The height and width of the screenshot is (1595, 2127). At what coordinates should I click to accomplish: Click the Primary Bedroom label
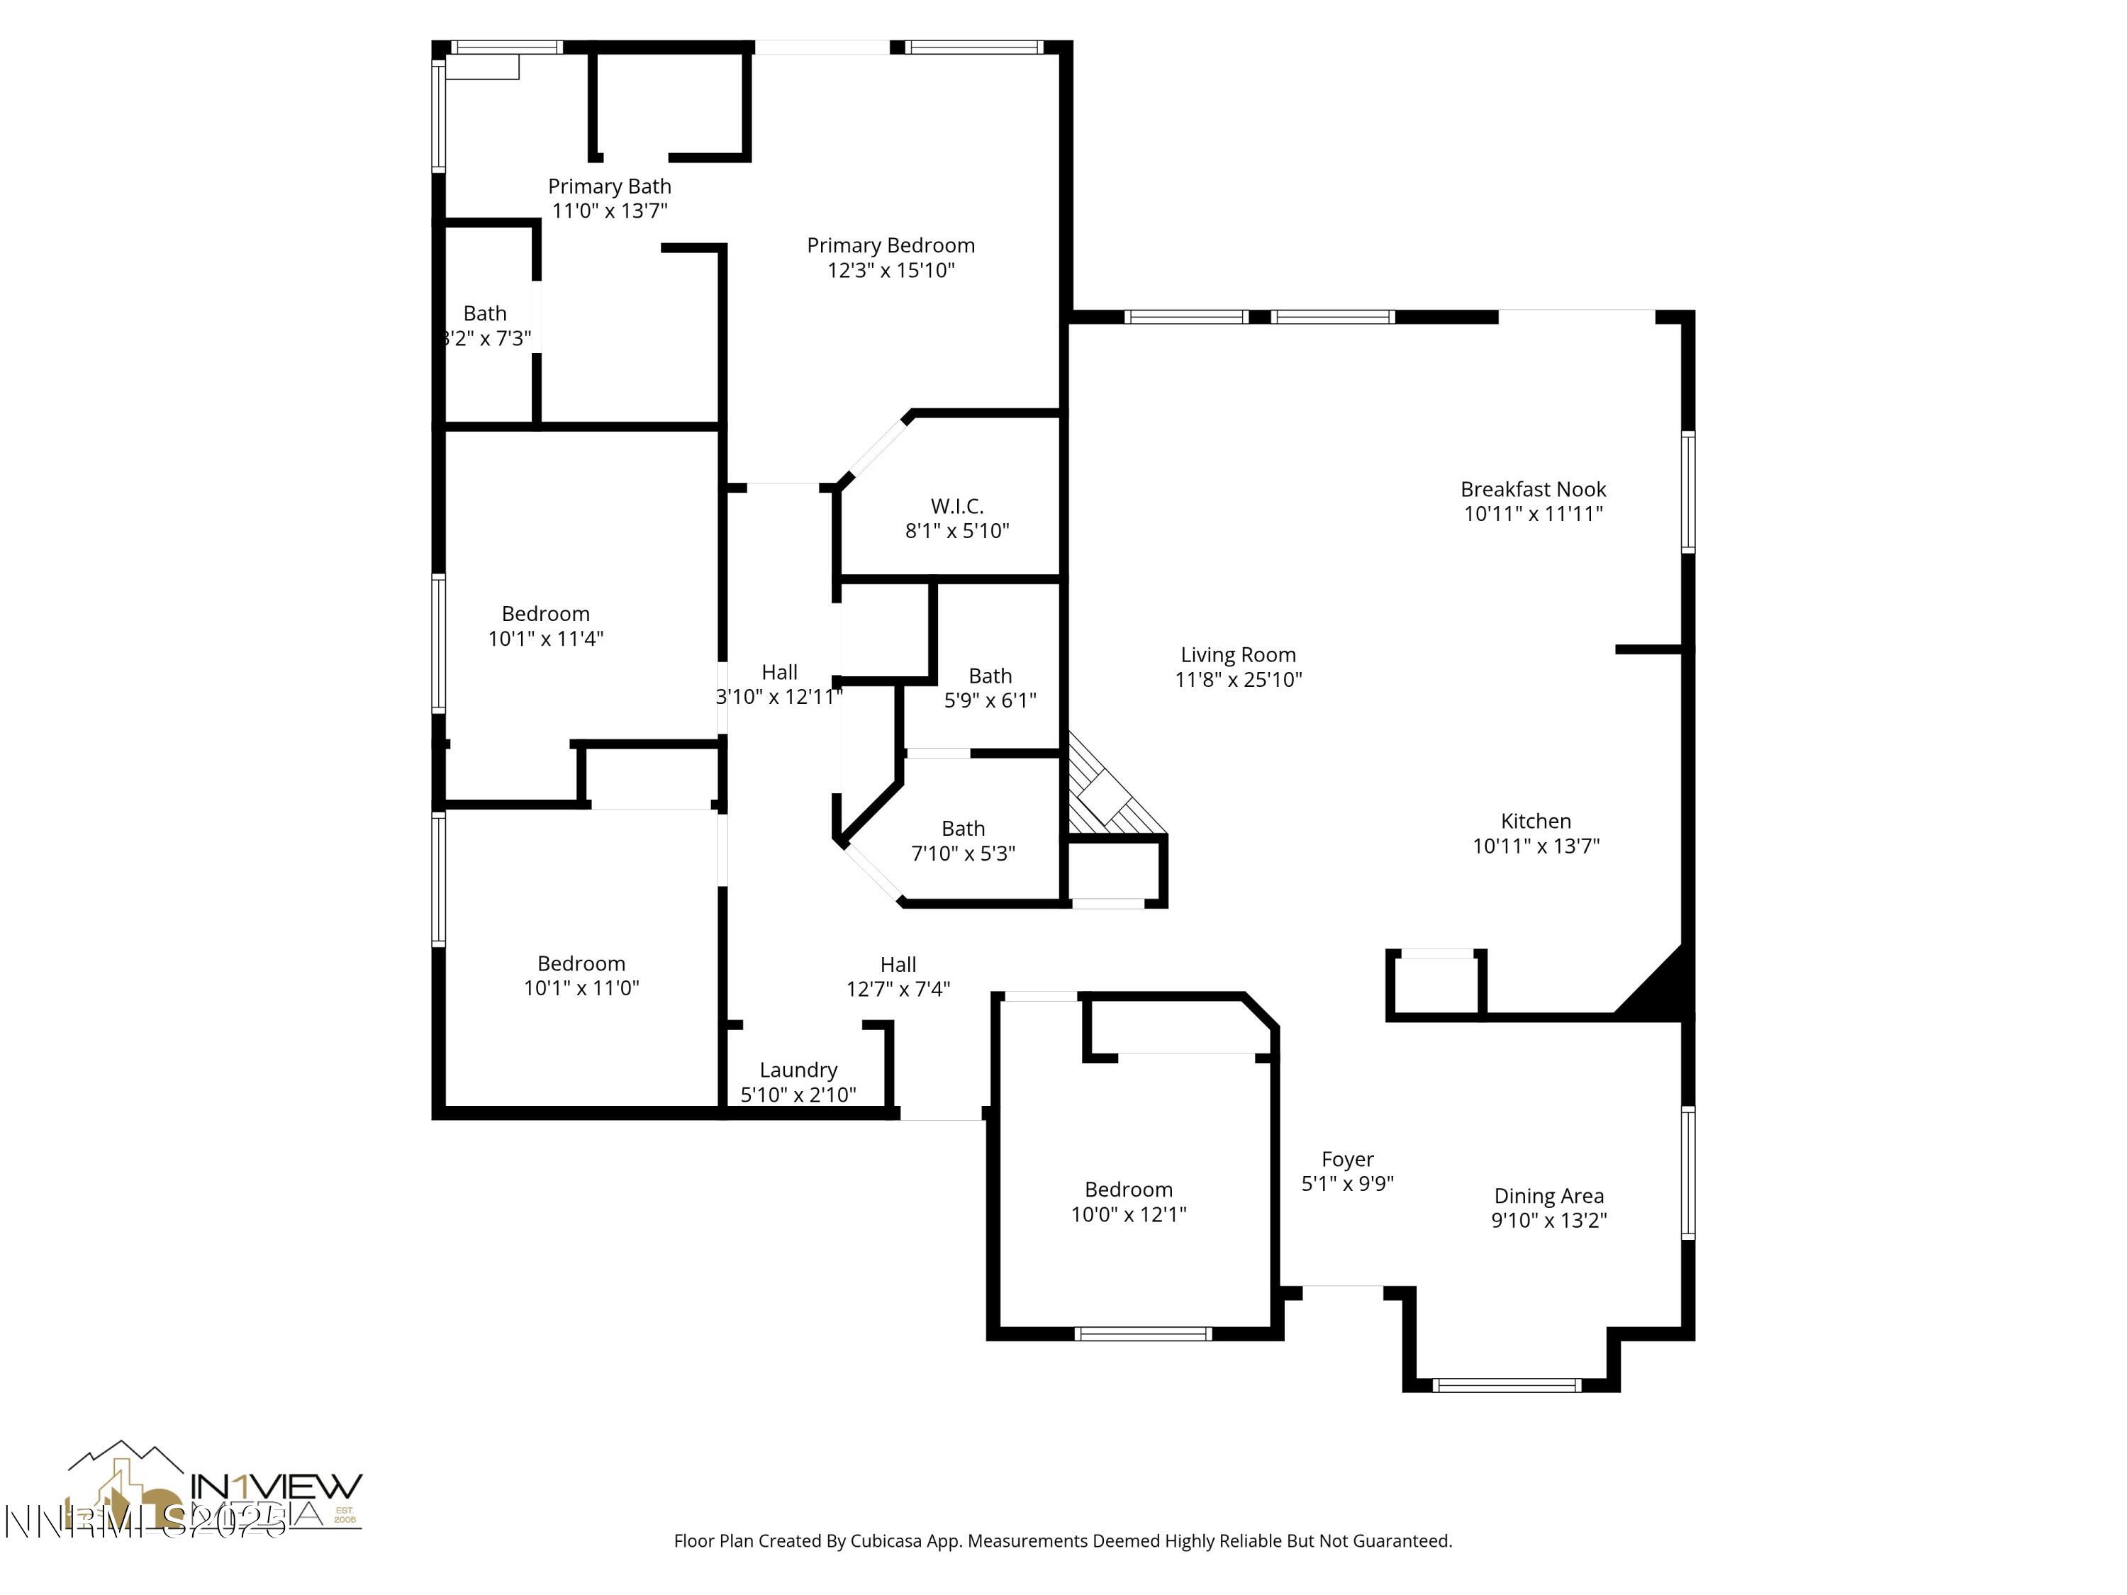click(891, 246)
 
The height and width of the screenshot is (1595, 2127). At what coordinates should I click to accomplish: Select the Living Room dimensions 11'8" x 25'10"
click(1239, 680)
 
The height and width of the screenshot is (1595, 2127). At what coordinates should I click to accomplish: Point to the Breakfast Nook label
click(1533, 489)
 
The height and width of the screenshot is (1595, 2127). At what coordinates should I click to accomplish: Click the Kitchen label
click(1536, 821)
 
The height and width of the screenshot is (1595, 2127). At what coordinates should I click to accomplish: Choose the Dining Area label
click(1548, 1196)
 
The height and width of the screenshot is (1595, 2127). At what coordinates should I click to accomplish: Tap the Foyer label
click(1347, 1160)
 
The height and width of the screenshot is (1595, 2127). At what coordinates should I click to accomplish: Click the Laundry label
click(798, 1070)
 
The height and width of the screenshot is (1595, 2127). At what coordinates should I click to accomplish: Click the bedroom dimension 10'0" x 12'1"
click(1129, 1214)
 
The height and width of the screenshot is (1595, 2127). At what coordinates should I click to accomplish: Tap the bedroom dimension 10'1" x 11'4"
click(545, 639)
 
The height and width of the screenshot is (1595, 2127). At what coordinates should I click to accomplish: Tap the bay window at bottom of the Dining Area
click(1506, 1385)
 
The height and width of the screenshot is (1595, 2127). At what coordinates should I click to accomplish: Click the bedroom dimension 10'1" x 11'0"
click(581, 988)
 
